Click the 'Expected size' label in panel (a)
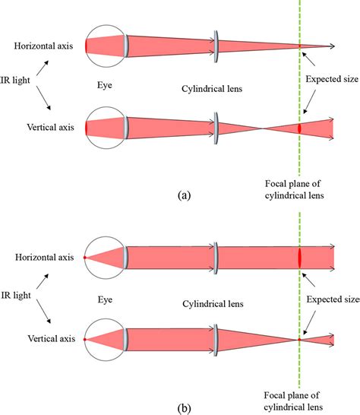click(330, 78)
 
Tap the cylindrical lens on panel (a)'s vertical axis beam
click(217, 127)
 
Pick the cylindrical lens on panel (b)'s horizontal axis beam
click(217, 257)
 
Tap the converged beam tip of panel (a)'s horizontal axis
click(331, 46)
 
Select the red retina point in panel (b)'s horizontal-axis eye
click(86, 258)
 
